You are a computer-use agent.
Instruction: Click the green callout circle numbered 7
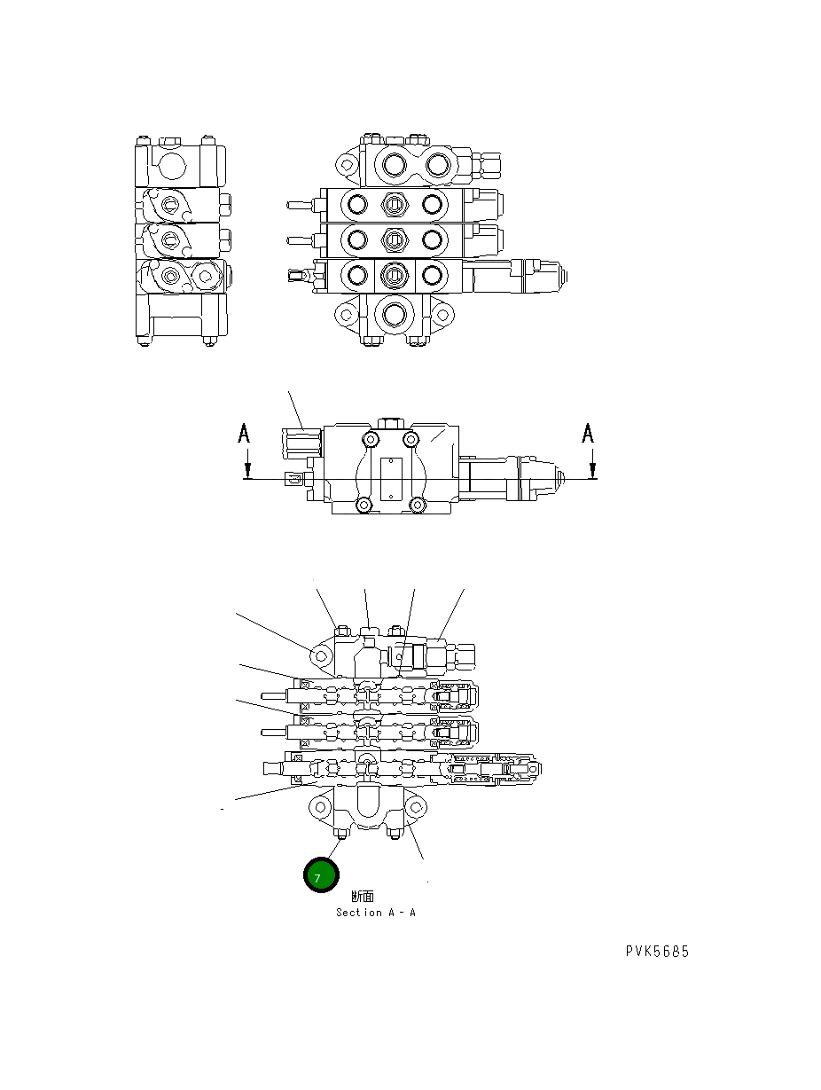[x=320, y=876]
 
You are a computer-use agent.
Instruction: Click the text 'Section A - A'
[x=375, y=913]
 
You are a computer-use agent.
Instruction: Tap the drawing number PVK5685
[x=656, y=952]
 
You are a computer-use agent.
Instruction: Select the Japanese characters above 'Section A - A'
[x=362, y=897]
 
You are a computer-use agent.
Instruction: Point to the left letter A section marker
[x=245, y=434]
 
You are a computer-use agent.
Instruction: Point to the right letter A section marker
[x=588, y=433]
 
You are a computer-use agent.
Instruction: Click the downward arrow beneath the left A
[x=248, y=464]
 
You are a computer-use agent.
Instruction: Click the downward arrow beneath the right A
[x=592, y=464]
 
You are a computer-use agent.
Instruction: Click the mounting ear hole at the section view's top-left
[x=319, y=655]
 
